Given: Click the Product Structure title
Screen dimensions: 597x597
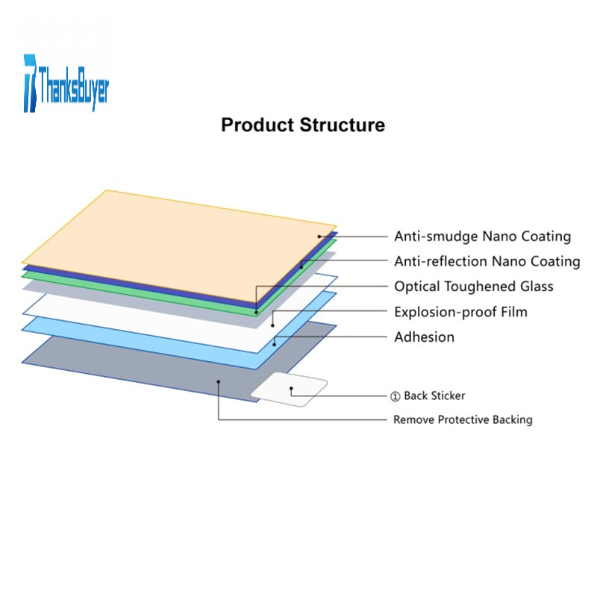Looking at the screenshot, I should coord(303,125).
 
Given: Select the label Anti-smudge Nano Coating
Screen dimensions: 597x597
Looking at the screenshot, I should coord(482,237).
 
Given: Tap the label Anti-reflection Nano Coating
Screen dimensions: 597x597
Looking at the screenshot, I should coord(487,261).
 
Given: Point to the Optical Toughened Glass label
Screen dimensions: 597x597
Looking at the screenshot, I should coord(474,287).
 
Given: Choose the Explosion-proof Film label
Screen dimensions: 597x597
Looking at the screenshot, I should coord(460,312).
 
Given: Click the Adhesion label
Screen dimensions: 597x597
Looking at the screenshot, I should coord(424,337).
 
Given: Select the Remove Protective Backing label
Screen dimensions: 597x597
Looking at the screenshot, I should coord(463,419).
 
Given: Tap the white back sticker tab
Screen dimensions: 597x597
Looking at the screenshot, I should coord(290,390).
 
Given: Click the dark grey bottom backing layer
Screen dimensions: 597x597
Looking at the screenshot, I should coord(149,366).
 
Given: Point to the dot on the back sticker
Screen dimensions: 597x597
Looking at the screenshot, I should coord(291,389).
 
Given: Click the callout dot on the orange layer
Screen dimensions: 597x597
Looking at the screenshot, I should coord(319,237).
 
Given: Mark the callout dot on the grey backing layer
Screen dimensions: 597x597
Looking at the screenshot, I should coord(218,381).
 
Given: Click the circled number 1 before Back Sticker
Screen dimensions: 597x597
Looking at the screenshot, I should coord(396,396).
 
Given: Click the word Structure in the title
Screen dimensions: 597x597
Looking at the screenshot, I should coord(342,125).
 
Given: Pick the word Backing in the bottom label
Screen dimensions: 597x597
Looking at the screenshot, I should coord(512,419).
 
